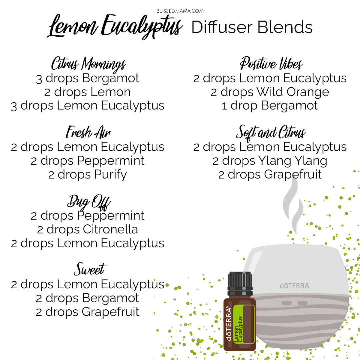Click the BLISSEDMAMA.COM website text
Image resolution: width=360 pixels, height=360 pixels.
[x=180, y=11]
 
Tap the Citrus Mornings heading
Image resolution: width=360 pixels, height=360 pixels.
[x=89, y=64]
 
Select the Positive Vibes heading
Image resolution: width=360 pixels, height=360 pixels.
[x=271, y=63]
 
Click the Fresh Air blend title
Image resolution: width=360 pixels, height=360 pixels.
[x=88, y=132]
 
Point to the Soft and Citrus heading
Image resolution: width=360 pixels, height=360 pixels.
[x=271, y=132]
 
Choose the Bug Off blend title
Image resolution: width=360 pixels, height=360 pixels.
[x=89, y=202]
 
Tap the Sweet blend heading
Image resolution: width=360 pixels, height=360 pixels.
[x=90, y=269]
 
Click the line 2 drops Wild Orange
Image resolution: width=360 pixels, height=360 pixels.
[x=270, y=92]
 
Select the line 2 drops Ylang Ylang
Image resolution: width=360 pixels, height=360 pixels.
[x=270, y=161]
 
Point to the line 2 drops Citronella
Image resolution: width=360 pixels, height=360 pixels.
[x=87, y=229]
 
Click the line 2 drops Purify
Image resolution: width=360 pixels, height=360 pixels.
[x=87, y=175]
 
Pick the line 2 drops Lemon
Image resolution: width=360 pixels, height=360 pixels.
[x=87, y=92]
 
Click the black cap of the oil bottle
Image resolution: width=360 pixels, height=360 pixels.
[x=240, y=284]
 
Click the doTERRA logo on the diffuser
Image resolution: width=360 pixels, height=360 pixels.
[x=294, y=286]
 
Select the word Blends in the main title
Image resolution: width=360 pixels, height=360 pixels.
[x=285, y=27]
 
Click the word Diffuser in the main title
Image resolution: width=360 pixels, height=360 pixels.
[x=222, y=27]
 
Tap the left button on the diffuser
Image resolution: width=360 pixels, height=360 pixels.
[x=287, y=303]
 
